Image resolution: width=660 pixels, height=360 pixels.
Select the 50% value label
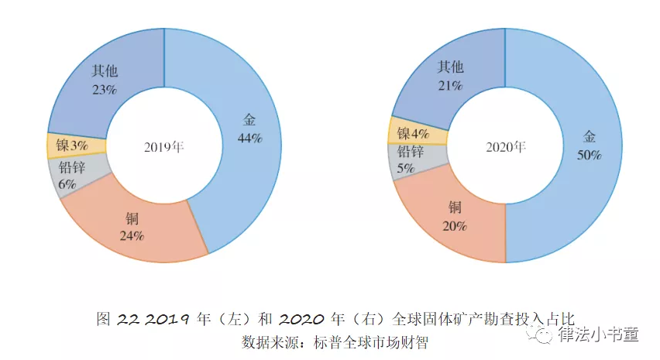pos(590,155)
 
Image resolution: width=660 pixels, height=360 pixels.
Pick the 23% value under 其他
pos(104,89)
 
